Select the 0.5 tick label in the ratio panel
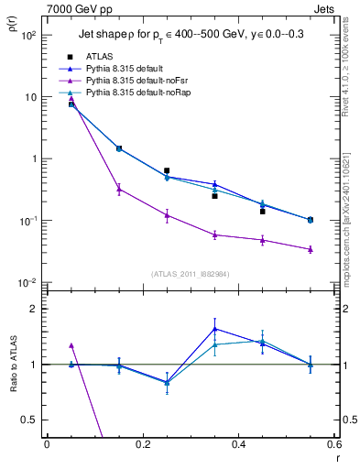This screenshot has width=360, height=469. (32, 420)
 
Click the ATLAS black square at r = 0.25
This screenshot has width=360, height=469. (167, 170)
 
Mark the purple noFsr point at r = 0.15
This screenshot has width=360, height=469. (118, 190)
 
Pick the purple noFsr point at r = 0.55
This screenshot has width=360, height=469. (311, 249)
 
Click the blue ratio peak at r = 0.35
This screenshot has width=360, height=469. (214, 328)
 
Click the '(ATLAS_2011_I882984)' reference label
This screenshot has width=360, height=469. (190, 273)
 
